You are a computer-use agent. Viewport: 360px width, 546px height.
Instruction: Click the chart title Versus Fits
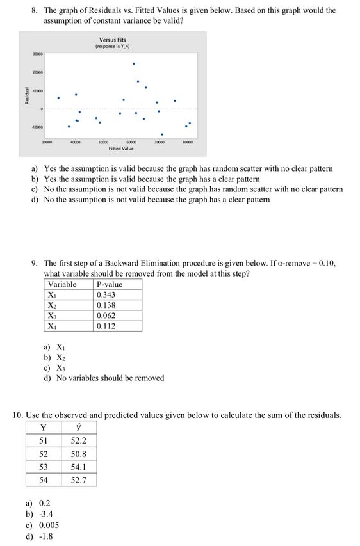[x=112, y=40]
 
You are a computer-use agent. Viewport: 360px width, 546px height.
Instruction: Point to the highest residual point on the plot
[x=133, y=64]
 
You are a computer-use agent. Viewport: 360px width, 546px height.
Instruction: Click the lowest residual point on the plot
[x=162, y=134]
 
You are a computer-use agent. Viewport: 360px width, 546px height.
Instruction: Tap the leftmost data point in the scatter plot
[x=58, y=98]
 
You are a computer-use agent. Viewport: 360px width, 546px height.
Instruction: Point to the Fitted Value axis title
[x=121, y=149]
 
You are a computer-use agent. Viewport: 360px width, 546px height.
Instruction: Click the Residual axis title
[x=26, y=97]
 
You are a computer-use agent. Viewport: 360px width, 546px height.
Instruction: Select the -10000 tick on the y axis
[x=37, y=127]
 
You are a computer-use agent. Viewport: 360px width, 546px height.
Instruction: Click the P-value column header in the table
[x=109, y=284]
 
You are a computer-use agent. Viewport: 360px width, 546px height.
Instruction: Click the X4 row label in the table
[x=53, y=326]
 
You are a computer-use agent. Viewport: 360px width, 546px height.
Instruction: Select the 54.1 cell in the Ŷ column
[x=78, y=467]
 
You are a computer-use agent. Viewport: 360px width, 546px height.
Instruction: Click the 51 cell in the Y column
[x=44, y=441]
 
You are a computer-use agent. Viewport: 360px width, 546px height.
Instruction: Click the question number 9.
[x=35, y=264]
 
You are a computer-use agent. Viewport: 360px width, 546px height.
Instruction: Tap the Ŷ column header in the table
[x=78, y=428]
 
